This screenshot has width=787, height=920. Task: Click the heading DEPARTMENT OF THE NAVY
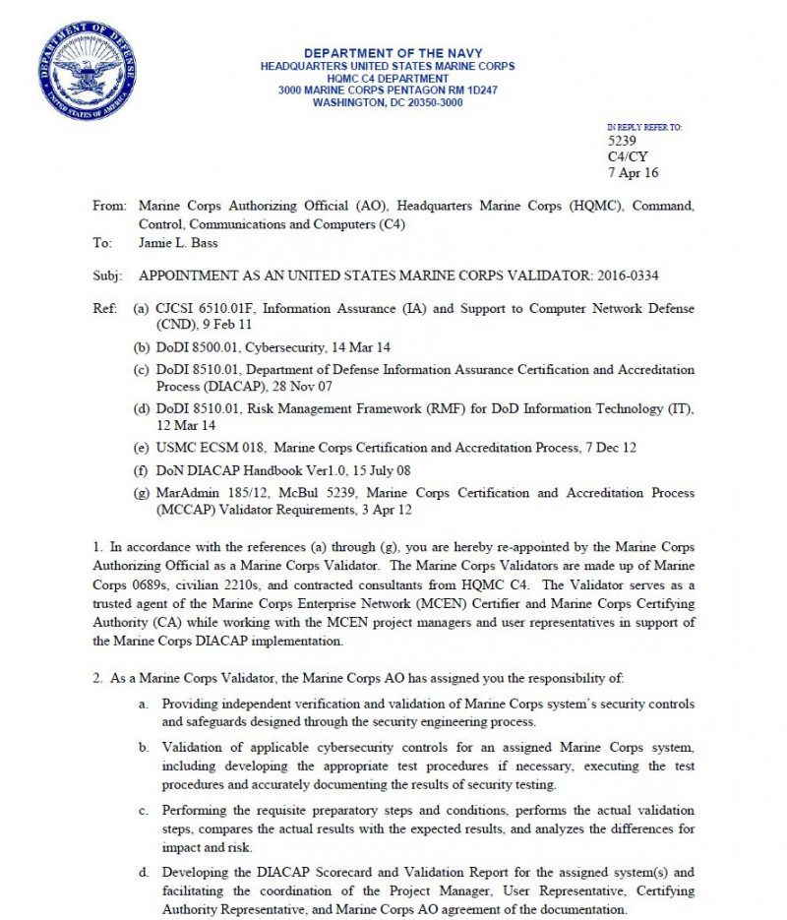click(387, 52)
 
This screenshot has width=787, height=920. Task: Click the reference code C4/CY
click(628, 156)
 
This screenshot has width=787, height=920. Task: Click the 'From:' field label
click(109, 207)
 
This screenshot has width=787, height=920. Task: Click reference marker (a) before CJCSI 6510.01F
click(142, 309)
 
